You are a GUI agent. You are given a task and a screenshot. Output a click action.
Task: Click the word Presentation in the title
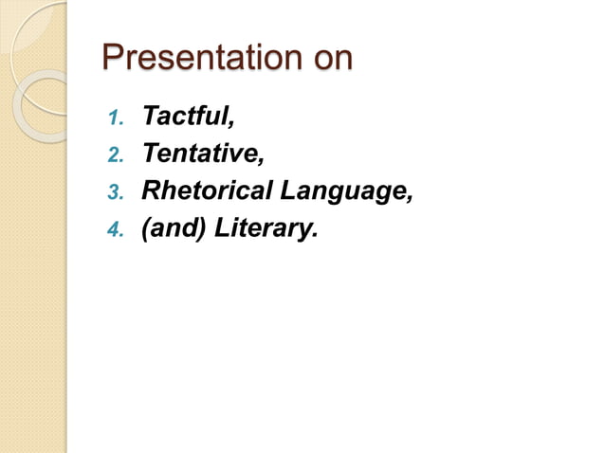point(196,58)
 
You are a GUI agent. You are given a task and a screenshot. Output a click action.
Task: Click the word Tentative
point(196,154)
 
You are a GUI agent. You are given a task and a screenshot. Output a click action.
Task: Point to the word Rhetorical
point(206,191)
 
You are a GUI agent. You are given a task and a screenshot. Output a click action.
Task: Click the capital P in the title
point(113,58)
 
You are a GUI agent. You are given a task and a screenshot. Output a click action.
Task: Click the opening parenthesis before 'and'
point(146,229)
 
